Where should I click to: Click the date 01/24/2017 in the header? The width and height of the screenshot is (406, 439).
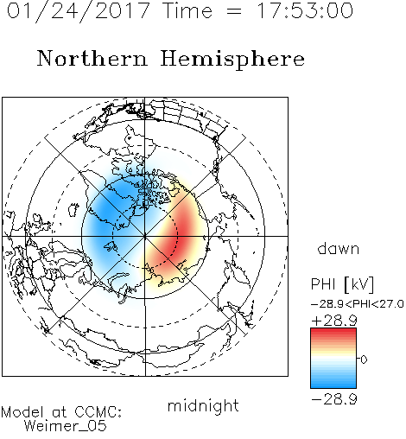click(x=79, y=11)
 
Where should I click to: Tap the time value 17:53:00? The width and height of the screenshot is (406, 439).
click(x=305, y=10)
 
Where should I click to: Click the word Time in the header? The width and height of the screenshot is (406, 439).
click(x=187, y=10)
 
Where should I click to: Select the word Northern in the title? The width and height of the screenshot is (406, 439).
click(x=92, y=58)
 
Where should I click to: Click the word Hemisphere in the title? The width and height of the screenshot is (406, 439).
click(x=232, y=60)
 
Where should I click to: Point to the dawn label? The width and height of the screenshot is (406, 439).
click(x=339, y=248)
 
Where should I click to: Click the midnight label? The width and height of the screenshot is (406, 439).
click(x=203, y=407)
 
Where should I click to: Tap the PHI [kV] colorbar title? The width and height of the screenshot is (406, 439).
click(x=342, y=284)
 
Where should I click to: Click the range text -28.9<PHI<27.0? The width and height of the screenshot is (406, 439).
click(x=358, y=304)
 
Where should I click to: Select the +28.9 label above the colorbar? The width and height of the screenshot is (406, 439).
click(x=334, y=321)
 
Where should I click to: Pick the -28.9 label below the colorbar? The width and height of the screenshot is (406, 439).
click(x=334, y=399)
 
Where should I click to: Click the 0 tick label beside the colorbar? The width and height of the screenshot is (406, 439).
click(x=364, y=359)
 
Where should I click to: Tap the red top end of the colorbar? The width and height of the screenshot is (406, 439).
click(x=333, y=330)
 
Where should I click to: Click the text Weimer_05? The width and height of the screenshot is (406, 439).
click(x=66, y=426)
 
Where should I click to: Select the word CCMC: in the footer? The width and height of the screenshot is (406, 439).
click(x=98, y=412)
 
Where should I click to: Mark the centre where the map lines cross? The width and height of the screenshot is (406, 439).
click(x=145, y=237)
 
